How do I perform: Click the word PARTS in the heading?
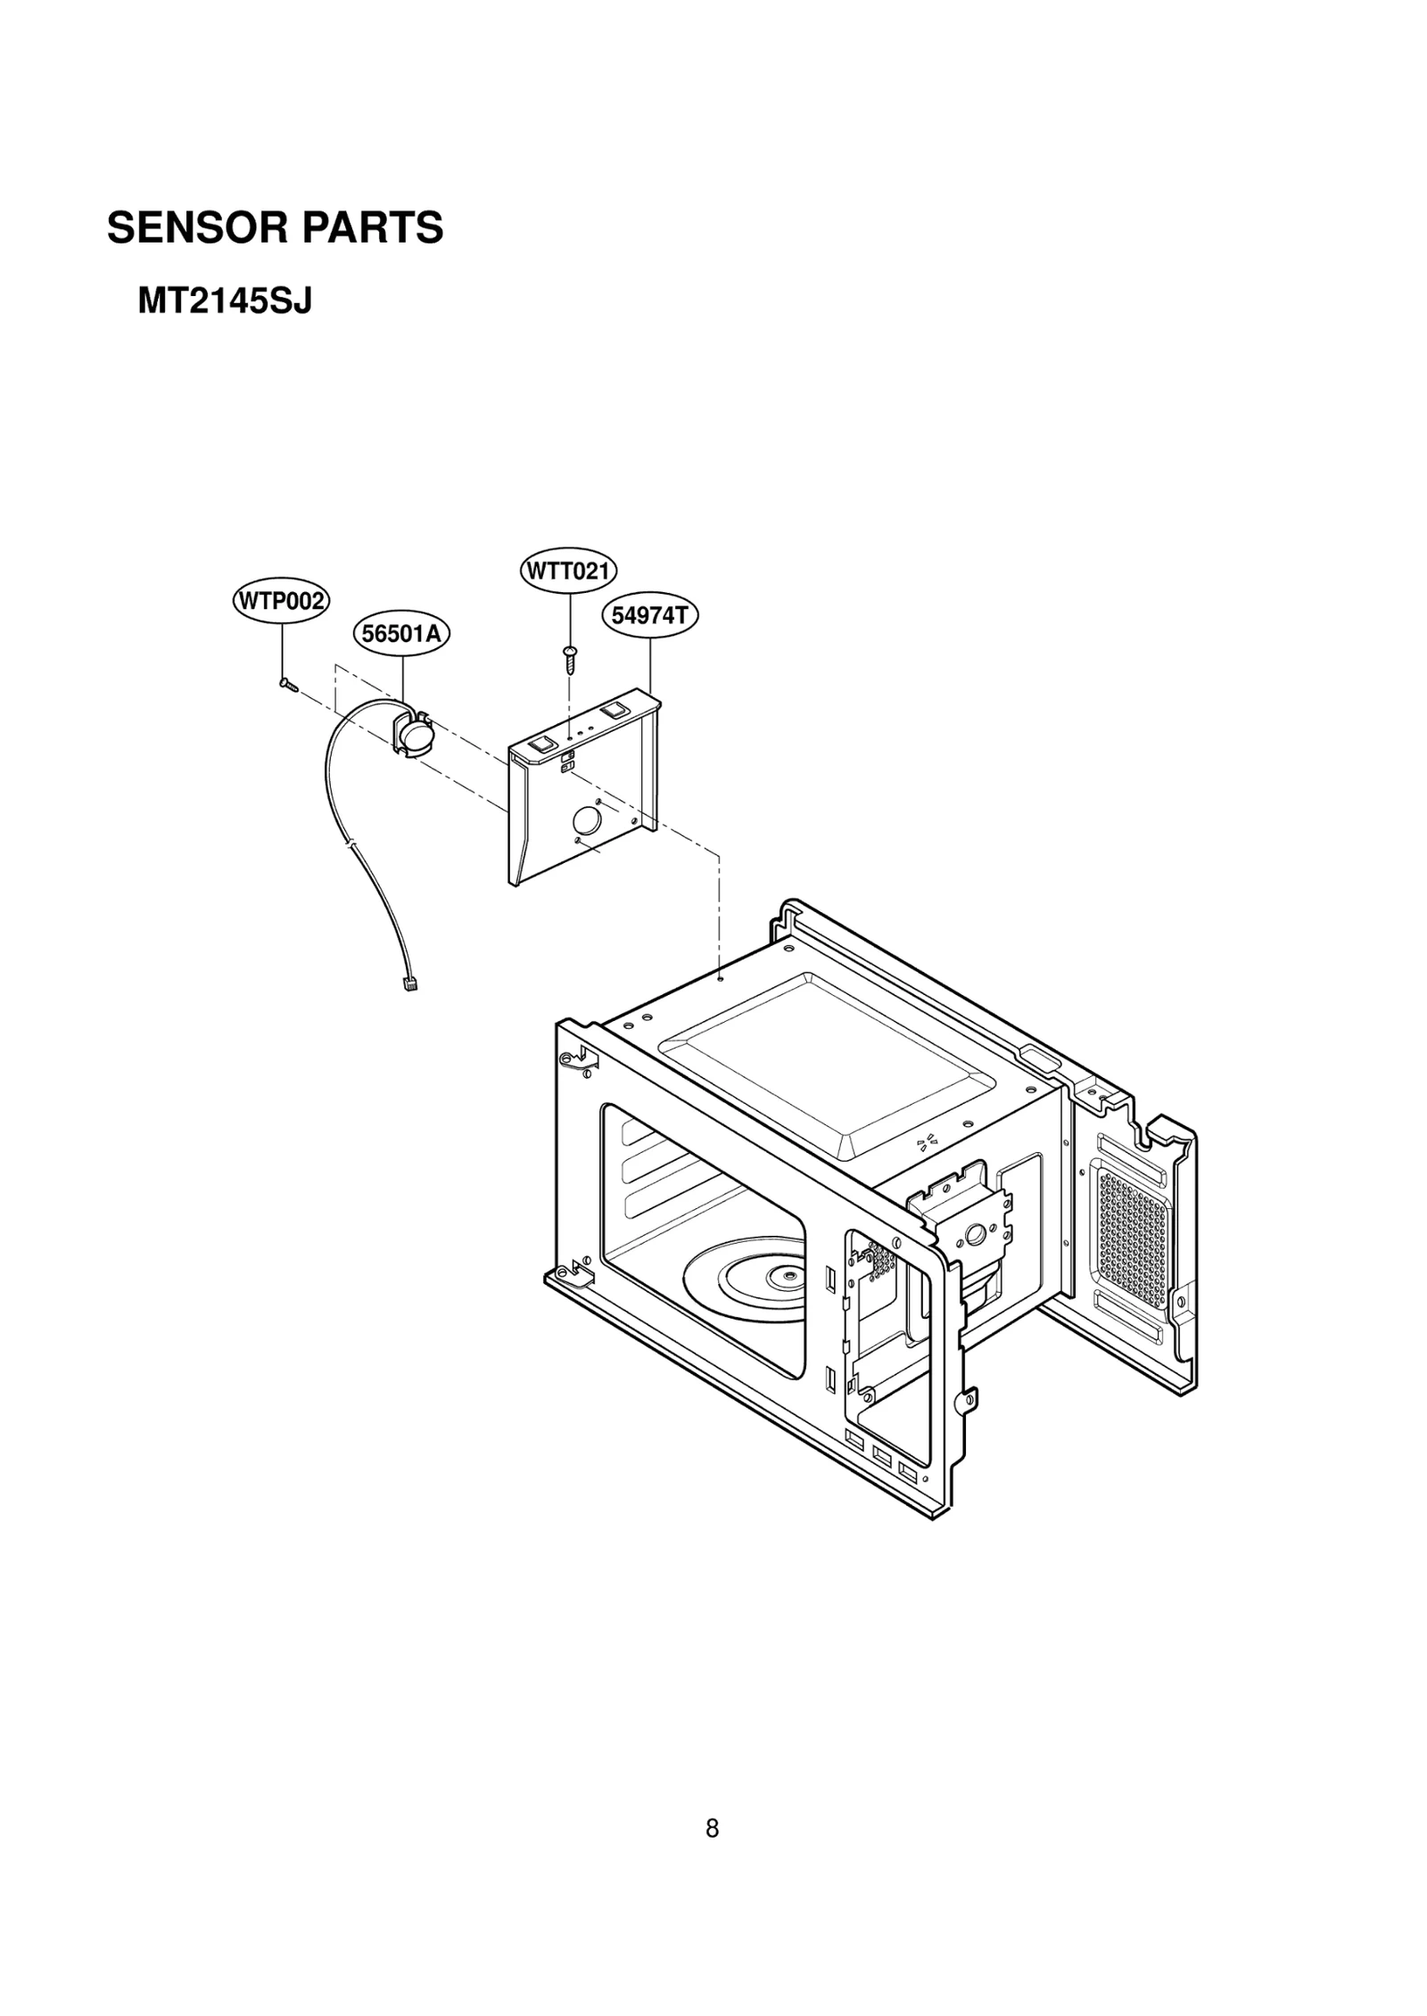coord(373,228)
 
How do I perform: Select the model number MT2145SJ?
coord(224,302)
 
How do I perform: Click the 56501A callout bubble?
coord(401,633)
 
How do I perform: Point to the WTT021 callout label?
coord(569,571)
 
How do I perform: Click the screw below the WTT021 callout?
coord(568,660)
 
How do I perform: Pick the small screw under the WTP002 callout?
coord(285,684)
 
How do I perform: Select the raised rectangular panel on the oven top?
coord(825,1058)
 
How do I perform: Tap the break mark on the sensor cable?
coord(352,842)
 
